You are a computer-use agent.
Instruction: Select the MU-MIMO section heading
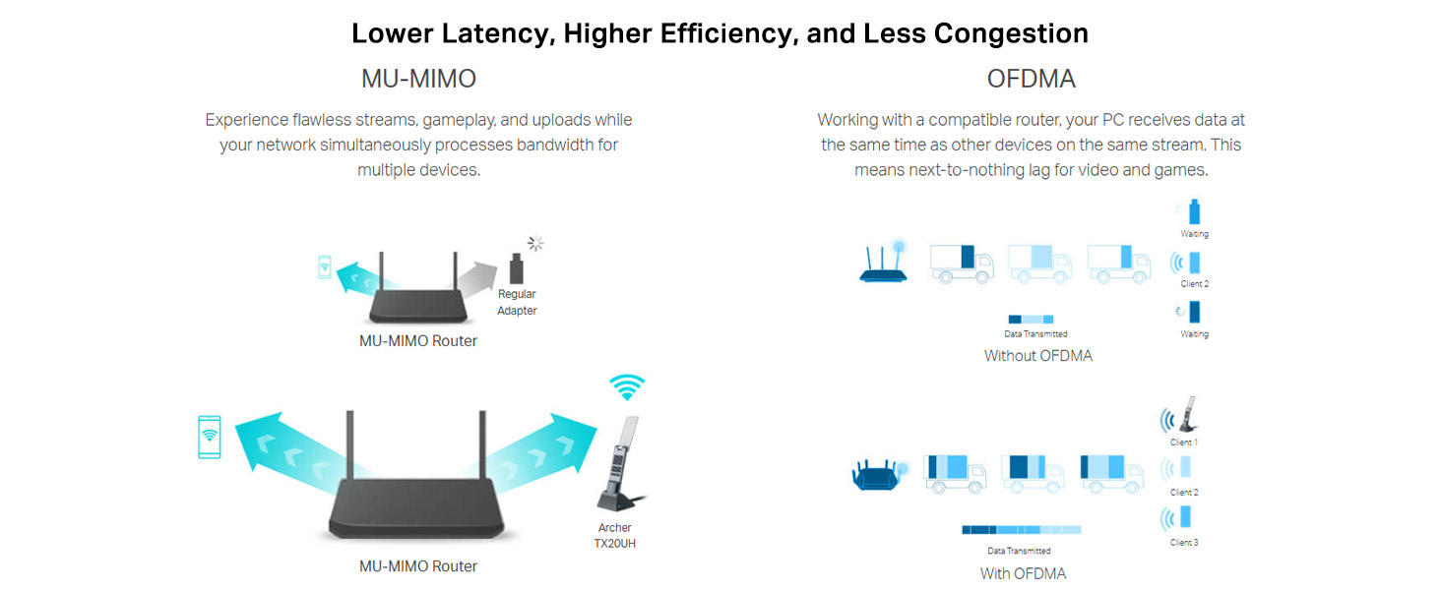click(418, 79)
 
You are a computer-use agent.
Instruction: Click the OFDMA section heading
click(1032, 79)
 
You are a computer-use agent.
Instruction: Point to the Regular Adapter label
click(517, 302)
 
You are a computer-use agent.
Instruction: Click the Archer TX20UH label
click(615, 535)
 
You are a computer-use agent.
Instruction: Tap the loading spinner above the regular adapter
click(535, 243)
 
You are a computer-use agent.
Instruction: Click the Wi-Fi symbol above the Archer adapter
click(626, 386)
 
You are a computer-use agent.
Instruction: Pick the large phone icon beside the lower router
click(210, 437)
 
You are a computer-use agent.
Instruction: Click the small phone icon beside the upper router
click(325, 265)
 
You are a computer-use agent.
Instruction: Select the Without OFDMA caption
click(1037, 356)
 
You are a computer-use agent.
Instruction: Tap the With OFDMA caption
click(1023, 573)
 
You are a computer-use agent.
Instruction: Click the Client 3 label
click(1183, 543)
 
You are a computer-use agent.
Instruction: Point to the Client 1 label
click(1183, 442)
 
